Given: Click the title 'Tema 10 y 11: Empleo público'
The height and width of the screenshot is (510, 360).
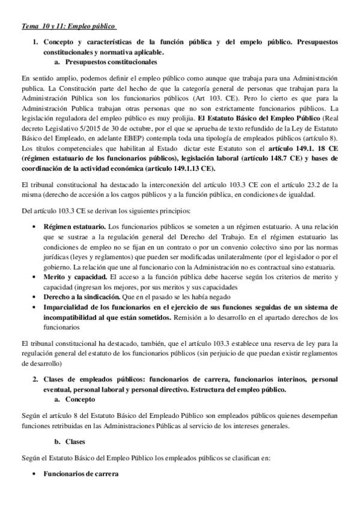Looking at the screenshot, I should pyautogui.click(x=68, y=26).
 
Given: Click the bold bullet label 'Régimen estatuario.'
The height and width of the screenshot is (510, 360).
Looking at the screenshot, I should pyautogui.click(x=71, y=226).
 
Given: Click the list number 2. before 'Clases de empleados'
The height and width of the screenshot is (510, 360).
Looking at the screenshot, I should pyautogui.click(x=36, y=379).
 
